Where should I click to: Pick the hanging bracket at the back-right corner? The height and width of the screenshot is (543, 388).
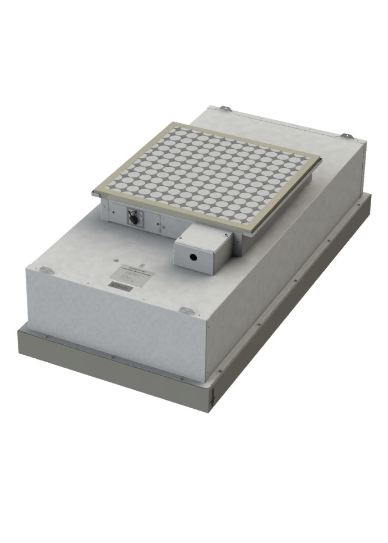point(347,136)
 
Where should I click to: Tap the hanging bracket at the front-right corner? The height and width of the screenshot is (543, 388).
point(187,311)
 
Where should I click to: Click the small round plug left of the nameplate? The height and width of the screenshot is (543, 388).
point(114,262)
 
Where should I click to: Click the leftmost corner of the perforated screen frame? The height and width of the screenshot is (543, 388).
point(93,193)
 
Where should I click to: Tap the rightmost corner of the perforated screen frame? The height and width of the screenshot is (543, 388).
point(321,159)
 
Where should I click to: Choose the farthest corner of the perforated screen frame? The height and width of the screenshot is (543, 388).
point(179,121)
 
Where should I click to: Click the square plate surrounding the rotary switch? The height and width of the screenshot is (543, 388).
point(136,218)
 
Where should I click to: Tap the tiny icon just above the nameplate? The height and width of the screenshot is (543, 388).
point(140,263)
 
